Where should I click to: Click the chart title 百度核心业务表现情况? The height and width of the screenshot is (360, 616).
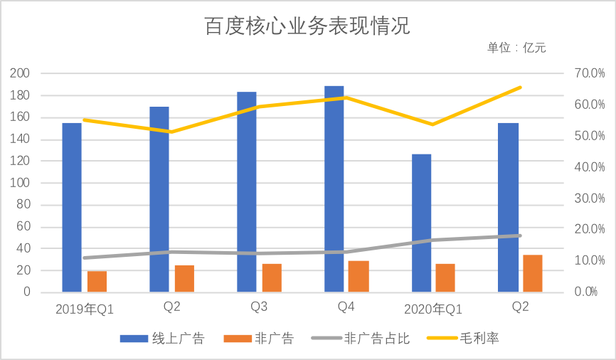[x=307, y=27]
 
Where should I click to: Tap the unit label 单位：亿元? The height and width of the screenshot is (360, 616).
[x=516, y=48]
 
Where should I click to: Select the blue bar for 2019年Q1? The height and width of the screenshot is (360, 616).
[x=72, y=207]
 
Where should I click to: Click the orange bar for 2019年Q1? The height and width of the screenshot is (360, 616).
[x=97, y=281]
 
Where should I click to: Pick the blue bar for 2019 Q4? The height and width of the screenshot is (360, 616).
[x=334, y=189]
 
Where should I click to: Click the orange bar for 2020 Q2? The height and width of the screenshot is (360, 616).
[x=533, y=273]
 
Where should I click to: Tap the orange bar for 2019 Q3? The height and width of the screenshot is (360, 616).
[x=272, y=277]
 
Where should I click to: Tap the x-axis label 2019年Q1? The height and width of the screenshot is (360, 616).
[x=85, y=309]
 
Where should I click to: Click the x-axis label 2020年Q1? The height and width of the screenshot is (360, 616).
[x=433, y=309]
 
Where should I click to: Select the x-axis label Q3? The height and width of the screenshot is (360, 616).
[x=259, y=307]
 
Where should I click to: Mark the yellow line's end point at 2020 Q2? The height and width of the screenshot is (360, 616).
[x=521, y=87]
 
